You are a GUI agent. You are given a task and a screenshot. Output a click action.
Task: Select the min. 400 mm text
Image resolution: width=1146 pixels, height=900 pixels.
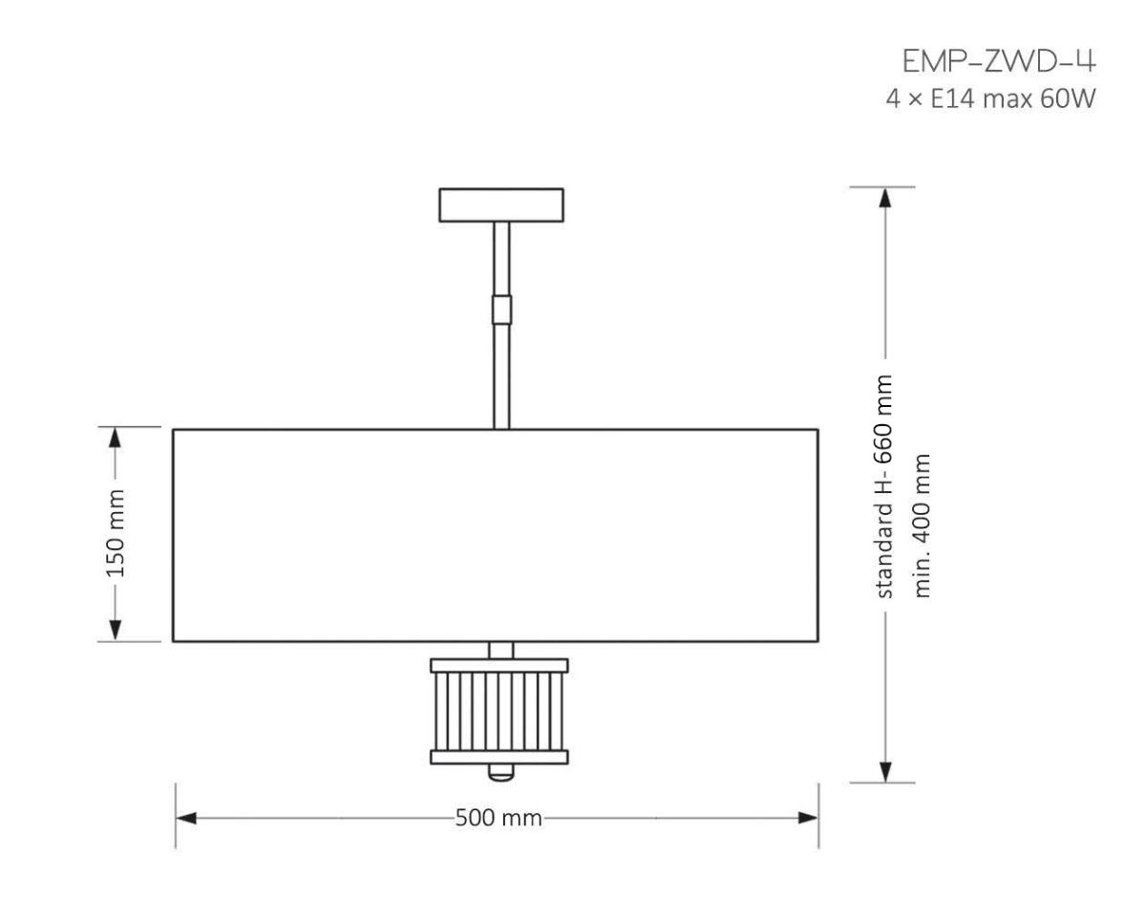(x=923, y=525)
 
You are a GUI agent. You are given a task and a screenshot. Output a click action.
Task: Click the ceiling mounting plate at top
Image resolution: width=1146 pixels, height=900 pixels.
(x=500, y=204)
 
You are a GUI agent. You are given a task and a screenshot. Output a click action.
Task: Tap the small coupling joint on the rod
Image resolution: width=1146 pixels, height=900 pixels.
(x=501, y=309)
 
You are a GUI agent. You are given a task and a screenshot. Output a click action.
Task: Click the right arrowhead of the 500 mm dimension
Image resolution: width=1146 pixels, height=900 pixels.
(x=808, y=819)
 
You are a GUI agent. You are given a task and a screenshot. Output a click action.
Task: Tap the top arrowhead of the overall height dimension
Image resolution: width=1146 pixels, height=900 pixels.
(x=885, y=196)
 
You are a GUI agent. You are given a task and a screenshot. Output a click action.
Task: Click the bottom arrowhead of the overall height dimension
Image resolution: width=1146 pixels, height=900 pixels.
(x=885, y=772)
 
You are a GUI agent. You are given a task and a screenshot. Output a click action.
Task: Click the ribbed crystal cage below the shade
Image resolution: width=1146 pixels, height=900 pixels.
(x=499, y=711)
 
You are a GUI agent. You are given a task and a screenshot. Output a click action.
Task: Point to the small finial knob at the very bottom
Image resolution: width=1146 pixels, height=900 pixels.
(x=500, y=771)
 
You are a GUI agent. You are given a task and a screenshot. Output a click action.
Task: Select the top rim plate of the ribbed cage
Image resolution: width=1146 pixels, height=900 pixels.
(x=499, y=665)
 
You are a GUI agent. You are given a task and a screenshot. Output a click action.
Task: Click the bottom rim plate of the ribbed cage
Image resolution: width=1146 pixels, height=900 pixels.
(x=499, y=758)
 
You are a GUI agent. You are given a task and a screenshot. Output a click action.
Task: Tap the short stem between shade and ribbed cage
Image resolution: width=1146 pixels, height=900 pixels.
(x=500, y=650)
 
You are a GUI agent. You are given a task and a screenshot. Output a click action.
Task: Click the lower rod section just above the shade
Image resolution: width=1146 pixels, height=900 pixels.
(x=501, y=377)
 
